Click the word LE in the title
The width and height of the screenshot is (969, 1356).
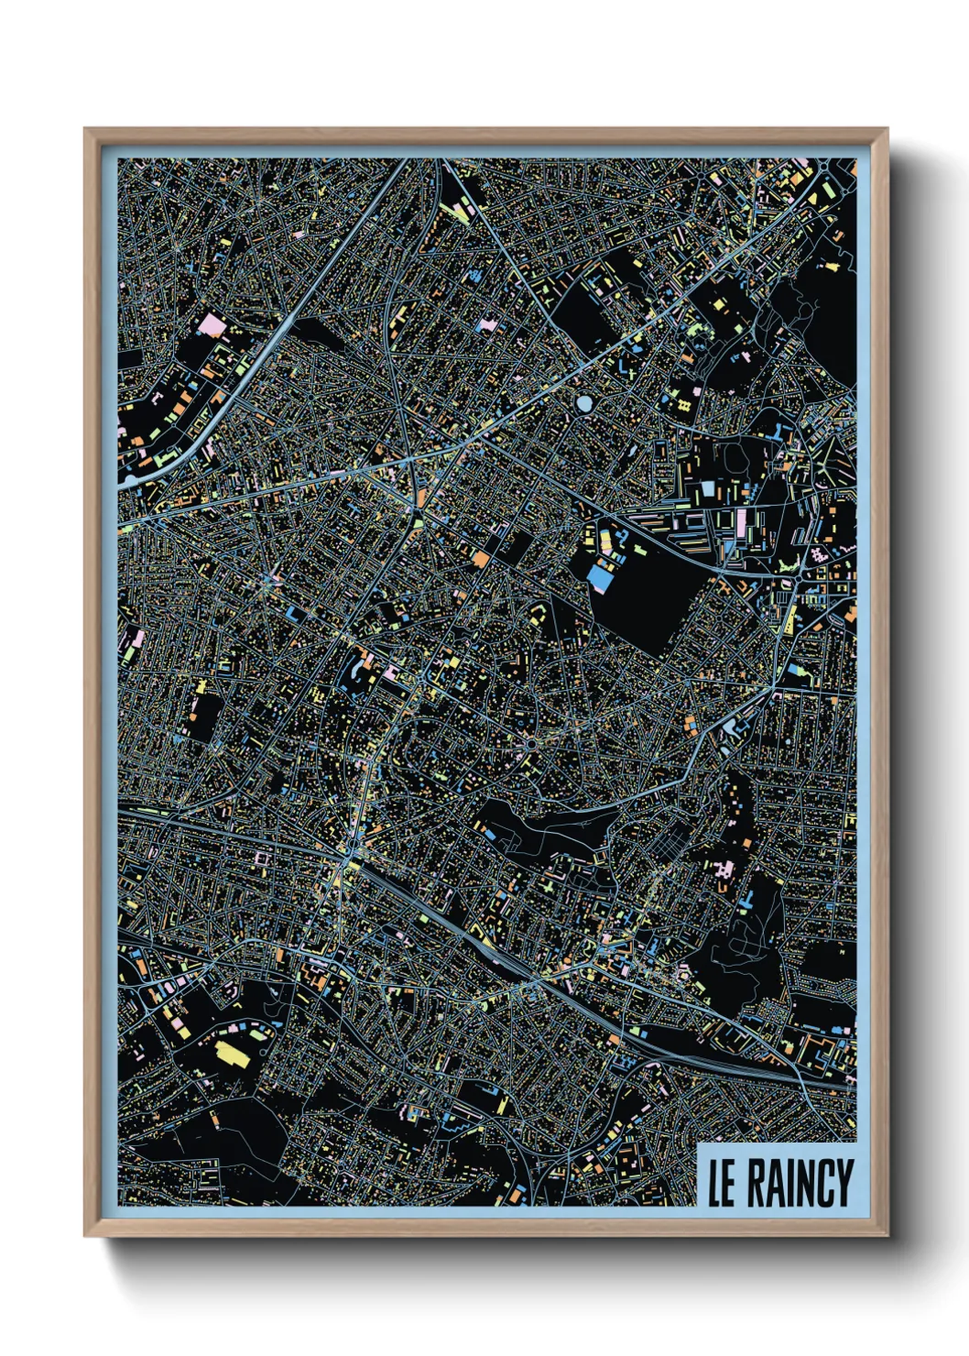(722, 1183)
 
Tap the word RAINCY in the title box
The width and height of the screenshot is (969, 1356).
(800, 1183)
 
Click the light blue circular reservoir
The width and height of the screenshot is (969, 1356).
(584, 402)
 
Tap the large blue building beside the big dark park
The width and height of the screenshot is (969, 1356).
(600, 577)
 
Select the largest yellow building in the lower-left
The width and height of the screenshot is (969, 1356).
(231, 1053)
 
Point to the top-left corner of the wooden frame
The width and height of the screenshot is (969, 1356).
(85, 129)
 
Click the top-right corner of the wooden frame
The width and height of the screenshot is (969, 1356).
(887, 129)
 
